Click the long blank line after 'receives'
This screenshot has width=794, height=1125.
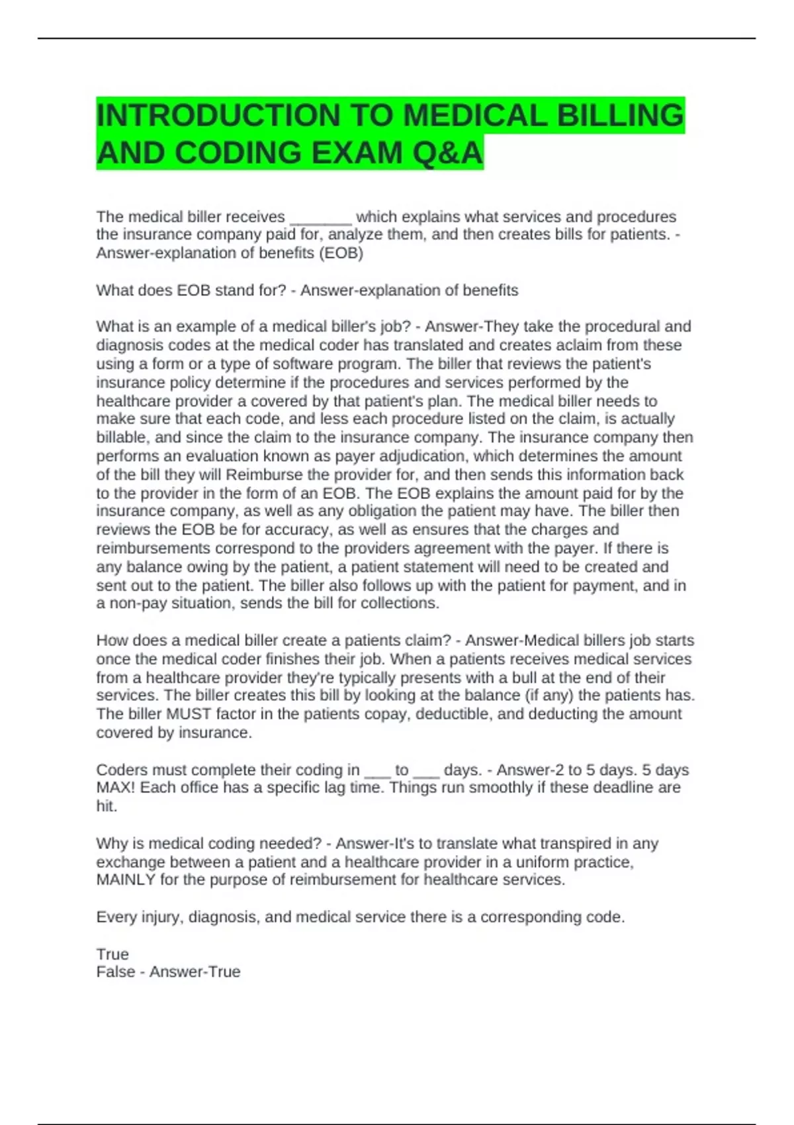pos(321,218)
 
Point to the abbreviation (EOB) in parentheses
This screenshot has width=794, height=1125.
pos(341,253)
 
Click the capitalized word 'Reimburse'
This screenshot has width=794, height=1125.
pos(264,474)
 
